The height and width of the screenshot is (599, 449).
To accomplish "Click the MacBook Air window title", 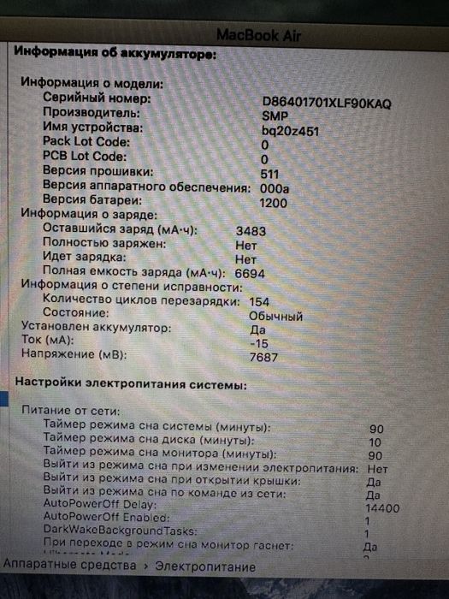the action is tap(259, 35).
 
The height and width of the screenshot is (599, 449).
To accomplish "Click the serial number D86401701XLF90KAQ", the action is tap(327, 104).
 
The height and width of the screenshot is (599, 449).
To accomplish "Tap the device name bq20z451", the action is tap(290, 132).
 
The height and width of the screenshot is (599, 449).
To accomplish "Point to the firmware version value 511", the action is tap(269, 174).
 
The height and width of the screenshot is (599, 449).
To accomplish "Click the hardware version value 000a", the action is tap(275, 188).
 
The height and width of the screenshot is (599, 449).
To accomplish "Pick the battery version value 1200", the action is tap(274, 203).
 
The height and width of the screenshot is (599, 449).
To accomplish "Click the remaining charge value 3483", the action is tap(251, 230).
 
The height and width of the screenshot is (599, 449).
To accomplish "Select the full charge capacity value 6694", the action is tap(251, 272).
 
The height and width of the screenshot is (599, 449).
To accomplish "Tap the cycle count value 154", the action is tap(259, 301).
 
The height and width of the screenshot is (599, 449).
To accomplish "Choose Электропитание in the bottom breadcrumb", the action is tap(205, 566).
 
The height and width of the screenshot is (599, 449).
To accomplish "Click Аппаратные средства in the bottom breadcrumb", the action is tap(70, 566).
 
